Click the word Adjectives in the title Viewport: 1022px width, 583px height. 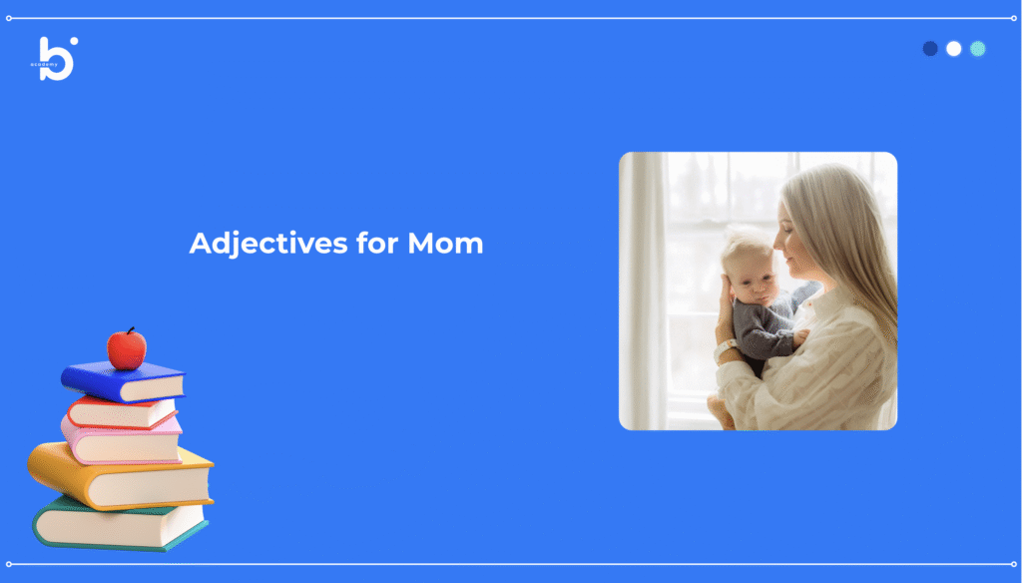[268, 244]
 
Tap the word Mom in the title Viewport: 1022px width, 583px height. [445, 244]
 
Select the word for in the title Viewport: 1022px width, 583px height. [377, 243]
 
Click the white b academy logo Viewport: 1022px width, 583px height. [55, 59]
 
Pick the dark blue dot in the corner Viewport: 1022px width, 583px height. [930, 49]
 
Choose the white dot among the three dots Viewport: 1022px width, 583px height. [953, 49]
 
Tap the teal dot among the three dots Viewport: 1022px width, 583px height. [978, 49]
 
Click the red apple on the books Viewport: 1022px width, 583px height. [127, 348]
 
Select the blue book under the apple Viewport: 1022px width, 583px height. [123, 381]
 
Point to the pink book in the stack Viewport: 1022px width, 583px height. [121, 440]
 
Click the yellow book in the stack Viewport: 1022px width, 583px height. [121, 476]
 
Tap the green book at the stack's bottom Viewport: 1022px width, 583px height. [121, 525]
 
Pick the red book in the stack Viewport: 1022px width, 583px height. [122, 412]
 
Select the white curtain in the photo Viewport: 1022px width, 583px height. [643, 291]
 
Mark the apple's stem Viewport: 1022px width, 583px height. [131, 330]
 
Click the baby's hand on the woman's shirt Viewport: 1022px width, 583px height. [801, 337]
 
